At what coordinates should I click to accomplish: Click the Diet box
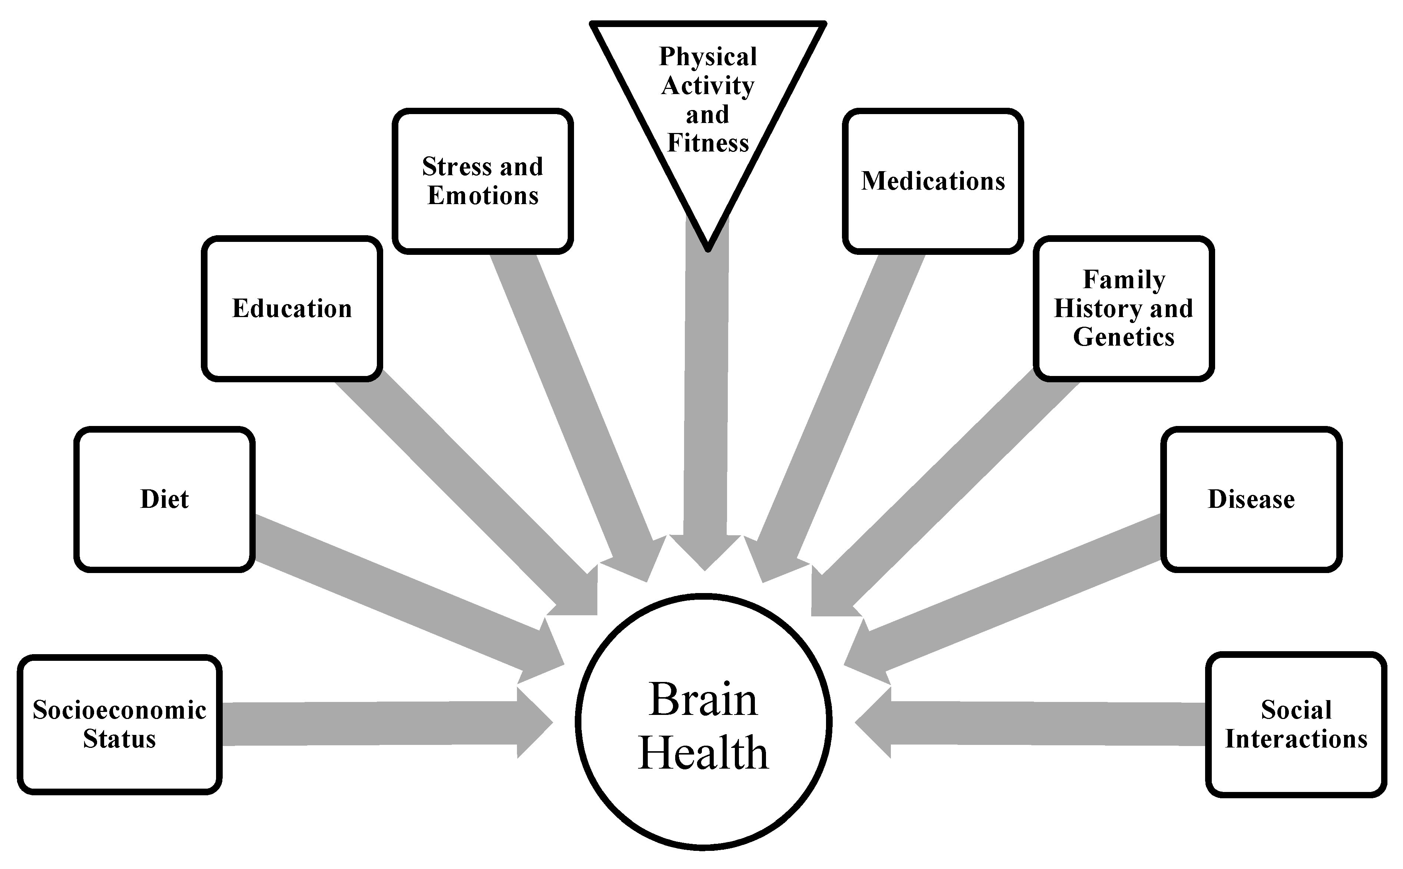click(165, 499)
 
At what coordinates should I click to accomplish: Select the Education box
click(292, 309)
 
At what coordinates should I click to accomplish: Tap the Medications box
click(933, 182)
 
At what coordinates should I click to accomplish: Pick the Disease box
click(1251, 499)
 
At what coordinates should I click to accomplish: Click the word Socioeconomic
click(120, 710)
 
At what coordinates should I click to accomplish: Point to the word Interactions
click(1296, 739)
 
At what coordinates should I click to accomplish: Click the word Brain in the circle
click(703, 700)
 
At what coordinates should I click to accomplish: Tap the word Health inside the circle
click(703, 753)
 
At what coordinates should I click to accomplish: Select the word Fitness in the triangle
click(708, 143)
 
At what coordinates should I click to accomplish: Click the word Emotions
click(483, 196)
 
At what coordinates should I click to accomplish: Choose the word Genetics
click(1124, 337)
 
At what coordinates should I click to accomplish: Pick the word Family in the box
click(1124, 280)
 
